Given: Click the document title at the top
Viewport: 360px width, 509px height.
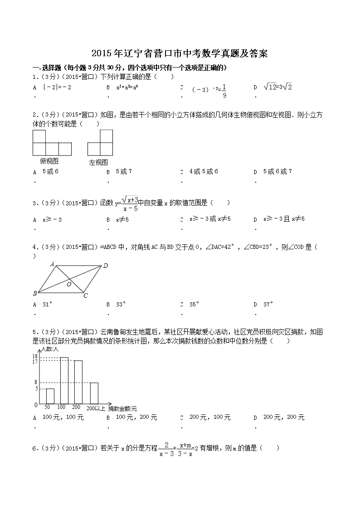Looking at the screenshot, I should pos(180,54).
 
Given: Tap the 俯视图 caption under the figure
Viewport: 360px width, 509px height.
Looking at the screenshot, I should pos(49,161).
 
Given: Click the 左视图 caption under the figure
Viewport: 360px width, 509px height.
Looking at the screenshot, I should pos(98,162).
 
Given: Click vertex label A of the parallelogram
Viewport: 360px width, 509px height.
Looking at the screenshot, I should pos(52,263).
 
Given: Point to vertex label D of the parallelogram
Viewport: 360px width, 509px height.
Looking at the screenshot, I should pos(105,266).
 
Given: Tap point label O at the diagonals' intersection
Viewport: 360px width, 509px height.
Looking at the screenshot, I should pos(69,285).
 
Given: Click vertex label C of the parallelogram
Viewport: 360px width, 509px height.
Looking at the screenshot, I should pos(85,296).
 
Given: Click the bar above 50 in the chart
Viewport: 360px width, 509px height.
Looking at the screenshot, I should pos(50,396).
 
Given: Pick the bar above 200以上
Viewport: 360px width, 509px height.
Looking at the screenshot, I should pos(94,393).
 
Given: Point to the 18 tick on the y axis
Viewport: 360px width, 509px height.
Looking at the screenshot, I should pos(34,357).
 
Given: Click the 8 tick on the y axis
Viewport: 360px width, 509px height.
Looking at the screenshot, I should pos(36,383).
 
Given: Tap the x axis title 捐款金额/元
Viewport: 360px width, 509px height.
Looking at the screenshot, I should pos(122,408).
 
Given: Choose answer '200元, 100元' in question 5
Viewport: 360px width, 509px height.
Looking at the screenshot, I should pos(209,417).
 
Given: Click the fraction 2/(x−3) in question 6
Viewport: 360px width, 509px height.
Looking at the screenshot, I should pos(166,449).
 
